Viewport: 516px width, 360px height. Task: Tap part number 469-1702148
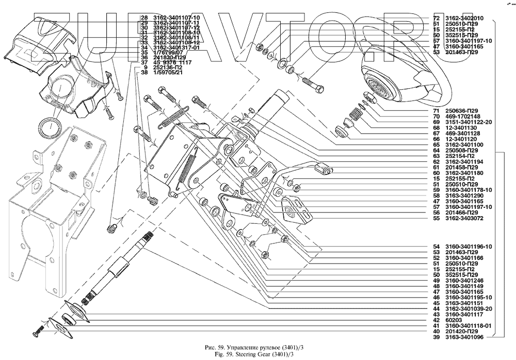(x=462, y=117)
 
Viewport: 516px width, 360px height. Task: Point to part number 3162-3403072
(x=465, y=219)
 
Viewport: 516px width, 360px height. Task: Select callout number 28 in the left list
(x=144, y=18)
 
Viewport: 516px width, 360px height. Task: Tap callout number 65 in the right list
(x=436, y=144)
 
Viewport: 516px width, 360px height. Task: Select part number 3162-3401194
(x=465, y=161)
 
